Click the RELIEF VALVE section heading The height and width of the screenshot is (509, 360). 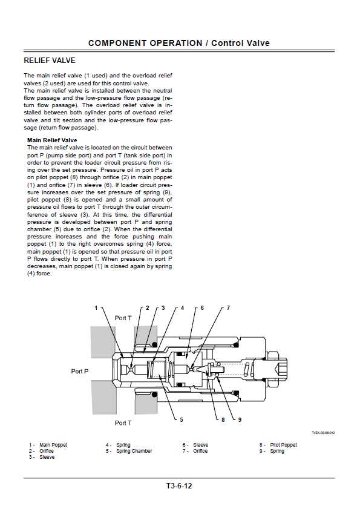(x=50, y=61)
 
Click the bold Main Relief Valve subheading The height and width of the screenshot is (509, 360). (x=52, y=140)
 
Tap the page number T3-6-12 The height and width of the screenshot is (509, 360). (x=179, y=486)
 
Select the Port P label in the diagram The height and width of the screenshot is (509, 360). (x=79, y=371)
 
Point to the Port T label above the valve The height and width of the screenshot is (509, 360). (x=123, y=318)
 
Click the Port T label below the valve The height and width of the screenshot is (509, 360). (x=123, y=422)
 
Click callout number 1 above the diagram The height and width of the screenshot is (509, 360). (x=96, y=307)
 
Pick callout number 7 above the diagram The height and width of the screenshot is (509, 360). (x=228, y=307)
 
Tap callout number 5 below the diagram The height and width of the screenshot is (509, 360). (x=182, y=420)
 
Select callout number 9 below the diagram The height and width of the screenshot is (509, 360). (x=240, y=420)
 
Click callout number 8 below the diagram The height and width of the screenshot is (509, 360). (x=223, y=420)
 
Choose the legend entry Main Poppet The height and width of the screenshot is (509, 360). (x=53, y=445)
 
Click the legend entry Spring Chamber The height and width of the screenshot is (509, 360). (x=134, y=451)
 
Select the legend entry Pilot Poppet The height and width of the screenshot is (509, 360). (x=283, y=445)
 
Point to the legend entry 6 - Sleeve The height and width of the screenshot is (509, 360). (x=195, y=445)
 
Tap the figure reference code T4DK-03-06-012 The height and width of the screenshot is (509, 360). (x=323, y=433)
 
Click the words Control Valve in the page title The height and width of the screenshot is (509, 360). (x=240, y=43)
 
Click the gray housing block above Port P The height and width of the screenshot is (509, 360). (x=103, y=342)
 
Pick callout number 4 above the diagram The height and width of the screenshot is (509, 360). (x=183, y=307)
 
